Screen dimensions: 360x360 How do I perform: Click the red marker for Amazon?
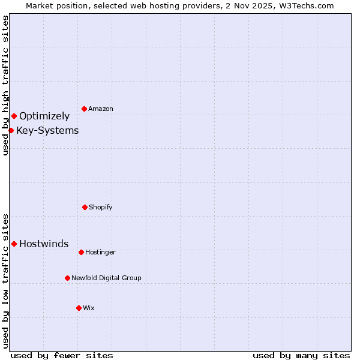point(84,109)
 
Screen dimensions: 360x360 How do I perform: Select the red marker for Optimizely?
point(14,116)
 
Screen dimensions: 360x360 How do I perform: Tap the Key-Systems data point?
point(11,130)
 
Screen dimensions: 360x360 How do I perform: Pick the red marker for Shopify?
point(85,207)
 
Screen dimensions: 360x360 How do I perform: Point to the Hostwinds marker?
point(14,244)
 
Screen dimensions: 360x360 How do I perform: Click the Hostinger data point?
point(81,252)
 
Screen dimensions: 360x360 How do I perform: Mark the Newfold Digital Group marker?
point(67,278)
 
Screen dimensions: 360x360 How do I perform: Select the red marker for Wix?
point(79,308)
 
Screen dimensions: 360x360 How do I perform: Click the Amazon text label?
point(101,109)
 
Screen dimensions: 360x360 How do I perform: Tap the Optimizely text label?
point(44,116)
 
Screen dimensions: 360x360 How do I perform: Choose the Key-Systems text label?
point(47,130)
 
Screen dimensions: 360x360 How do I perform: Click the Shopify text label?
point(101,207)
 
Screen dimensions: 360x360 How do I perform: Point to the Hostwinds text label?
point(44,244)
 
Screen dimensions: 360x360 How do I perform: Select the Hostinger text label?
point(100,252)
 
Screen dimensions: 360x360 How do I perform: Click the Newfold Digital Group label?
point(106,278)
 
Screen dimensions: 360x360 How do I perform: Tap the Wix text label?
point(89,308)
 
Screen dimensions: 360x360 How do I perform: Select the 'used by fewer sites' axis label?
point(62,355)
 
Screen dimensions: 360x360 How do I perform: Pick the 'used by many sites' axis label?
point(301,355)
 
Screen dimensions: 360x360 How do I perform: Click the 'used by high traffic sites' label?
point(5,85)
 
